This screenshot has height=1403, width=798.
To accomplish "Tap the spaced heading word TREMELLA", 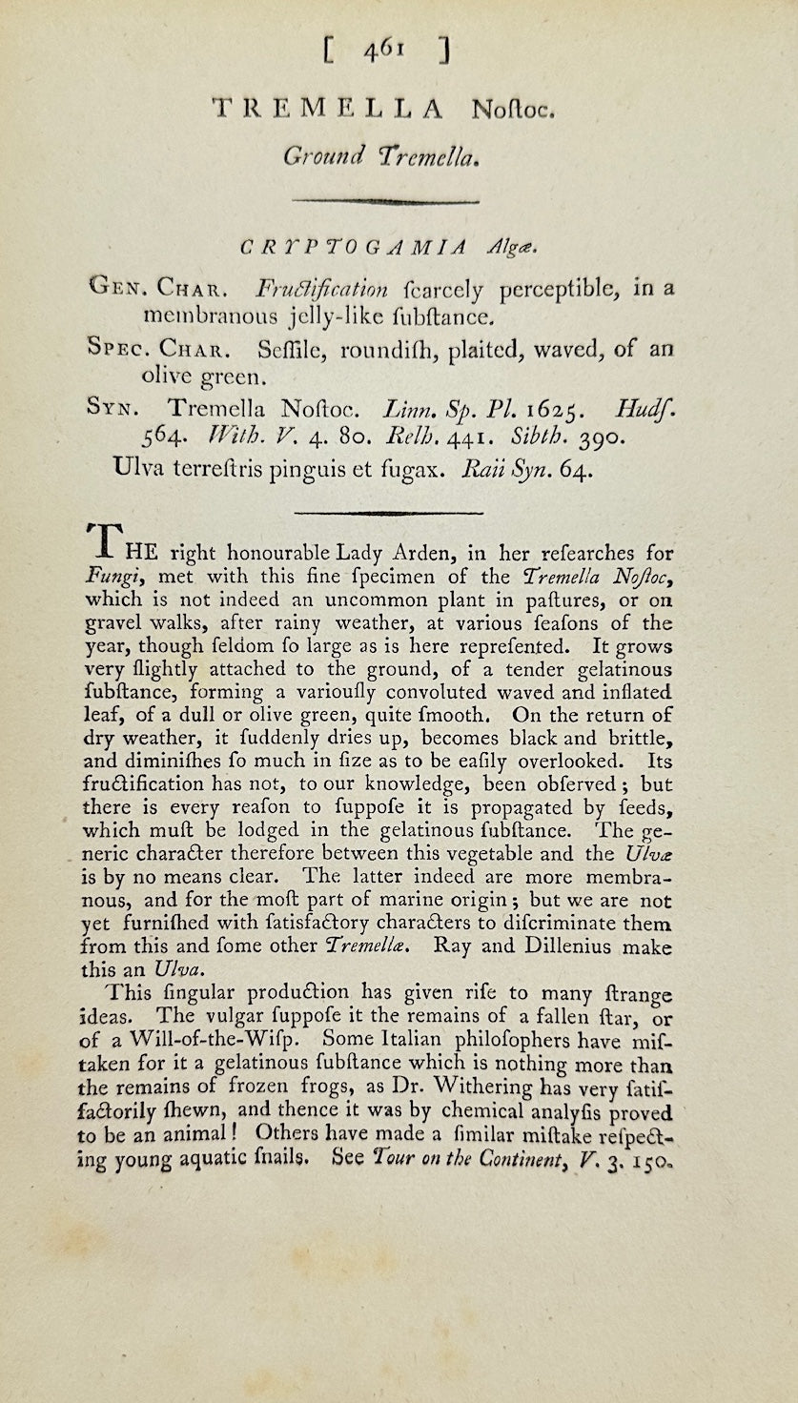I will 328,110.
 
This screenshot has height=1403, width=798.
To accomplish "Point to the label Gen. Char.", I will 154,288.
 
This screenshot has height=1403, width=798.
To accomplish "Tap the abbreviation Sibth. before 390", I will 541,439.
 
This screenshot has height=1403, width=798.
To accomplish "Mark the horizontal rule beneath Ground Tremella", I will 385,201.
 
